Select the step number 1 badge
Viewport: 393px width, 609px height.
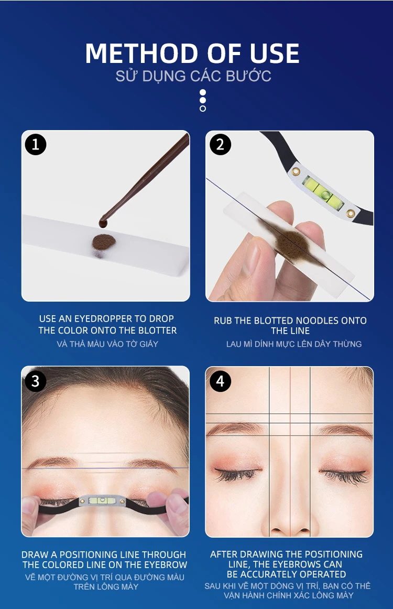pyautogui.click(x=36, y=145)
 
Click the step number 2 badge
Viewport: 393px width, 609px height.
pyautogui.click(x=220, y=145)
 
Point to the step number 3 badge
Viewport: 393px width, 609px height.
pyautogui.click(x=36, y=381)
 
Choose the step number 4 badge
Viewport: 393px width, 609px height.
pyautogui.click(x=220, y=381)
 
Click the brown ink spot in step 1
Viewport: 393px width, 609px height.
pyautogui.click(x=104, y=242)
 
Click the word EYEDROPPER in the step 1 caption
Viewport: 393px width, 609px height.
pyautogui.click(x=103, y=319)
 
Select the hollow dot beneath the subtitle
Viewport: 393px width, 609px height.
pyautogui.click(x=202, y=109)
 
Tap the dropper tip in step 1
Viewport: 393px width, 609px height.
pyautogui.click(x=103, y=223)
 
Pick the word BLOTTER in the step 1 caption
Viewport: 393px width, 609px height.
pyautogui.click(x=159, y=330)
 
